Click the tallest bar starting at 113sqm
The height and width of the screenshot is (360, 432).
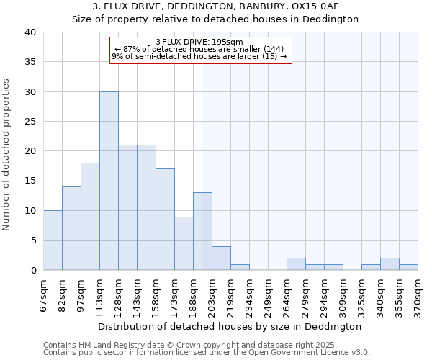pyautogui.click(x=109, y=181)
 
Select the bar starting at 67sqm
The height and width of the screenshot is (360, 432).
pyautogui.click(x=53, y=240)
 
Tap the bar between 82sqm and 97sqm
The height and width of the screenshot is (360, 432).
pyautogui.click(x=71, y=228)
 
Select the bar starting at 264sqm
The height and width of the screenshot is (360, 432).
pyautogui.click(x=296, y=264)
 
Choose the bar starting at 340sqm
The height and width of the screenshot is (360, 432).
pyautogui.click(x=390, y=264)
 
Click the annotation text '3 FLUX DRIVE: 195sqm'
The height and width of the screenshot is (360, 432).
pyautogui.click(x=199, y=42)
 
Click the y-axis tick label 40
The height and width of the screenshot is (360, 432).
pyautogui.click(x=30, y=32)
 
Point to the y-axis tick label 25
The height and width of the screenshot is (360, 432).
pyautogui.click(x=30, y=122)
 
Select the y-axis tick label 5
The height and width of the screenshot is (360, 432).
pyautogui.click(x=32, y=240)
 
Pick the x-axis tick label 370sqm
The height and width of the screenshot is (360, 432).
pyautogui.click(x=418, y=294)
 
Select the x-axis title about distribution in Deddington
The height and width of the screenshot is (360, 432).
pyautogui.click(x=230, y=326)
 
